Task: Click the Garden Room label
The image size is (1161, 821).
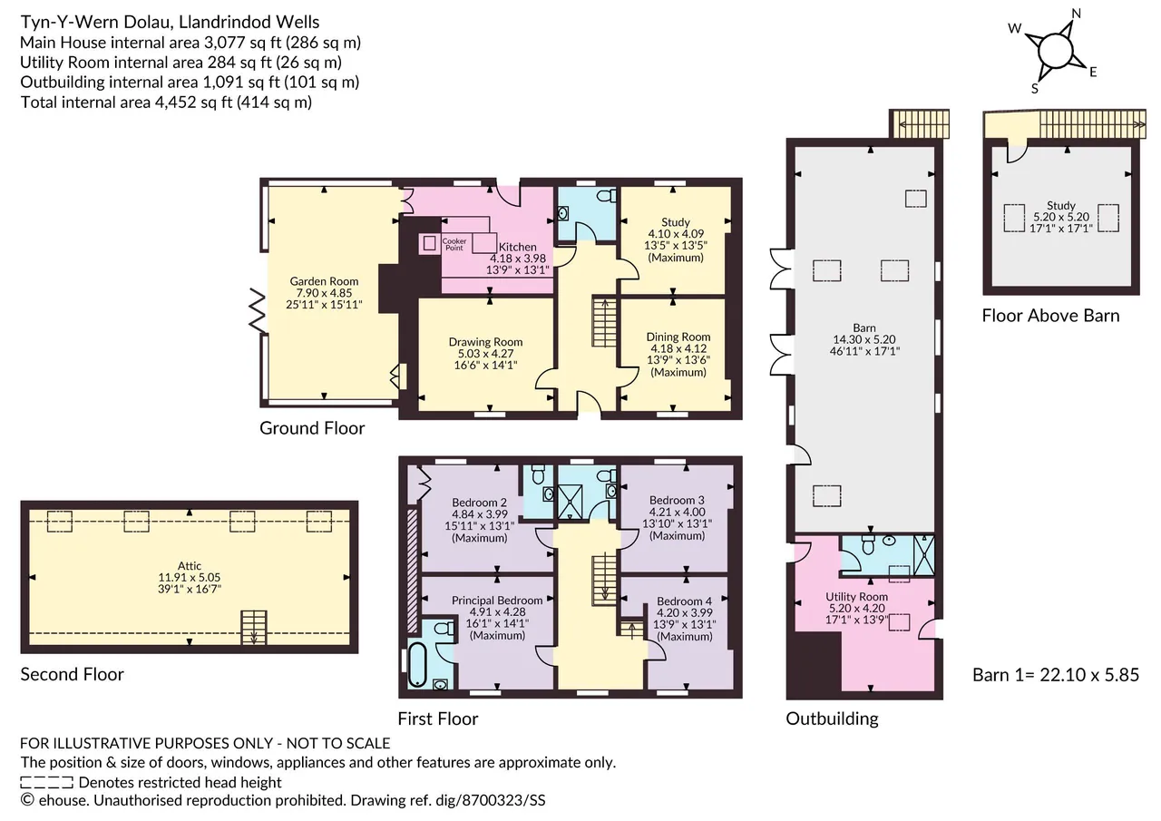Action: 324,281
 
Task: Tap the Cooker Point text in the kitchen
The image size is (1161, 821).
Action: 454,244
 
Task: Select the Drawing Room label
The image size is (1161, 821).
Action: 485,342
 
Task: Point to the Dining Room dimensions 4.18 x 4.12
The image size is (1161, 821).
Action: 678,349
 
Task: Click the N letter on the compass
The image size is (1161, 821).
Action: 1076,14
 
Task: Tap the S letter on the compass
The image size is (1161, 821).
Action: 1035,89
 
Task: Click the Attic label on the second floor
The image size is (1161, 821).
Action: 190,565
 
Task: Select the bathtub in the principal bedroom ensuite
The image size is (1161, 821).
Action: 417,664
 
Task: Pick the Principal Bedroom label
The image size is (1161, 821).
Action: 497,601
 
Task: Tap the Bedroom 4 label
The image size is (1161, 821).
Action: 684,601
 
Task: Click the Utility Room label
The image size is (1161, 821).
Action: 857,597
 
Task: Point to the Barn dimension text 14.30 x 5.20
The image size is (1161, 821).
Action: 864,339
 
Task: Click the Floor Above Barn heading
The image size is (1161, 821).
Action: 1050,316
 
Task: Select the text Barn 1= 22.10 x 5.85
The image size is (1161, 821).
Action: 1056,675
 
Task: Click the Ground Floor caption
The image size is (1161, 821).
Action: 312,428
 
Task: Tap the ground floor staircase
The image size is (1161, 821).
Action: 605,321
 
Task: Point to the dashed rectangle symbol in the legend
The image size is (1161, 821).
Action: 46,782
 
